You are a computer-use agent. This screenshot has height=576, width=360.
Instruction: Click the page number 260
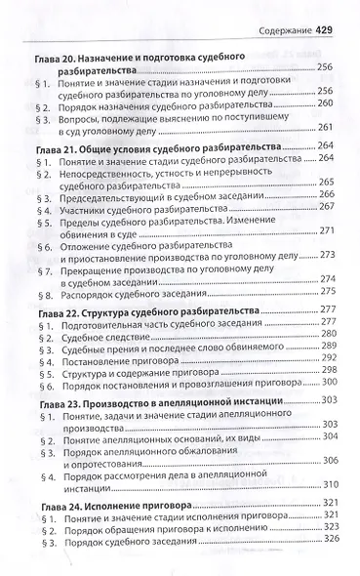[329, 103]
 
